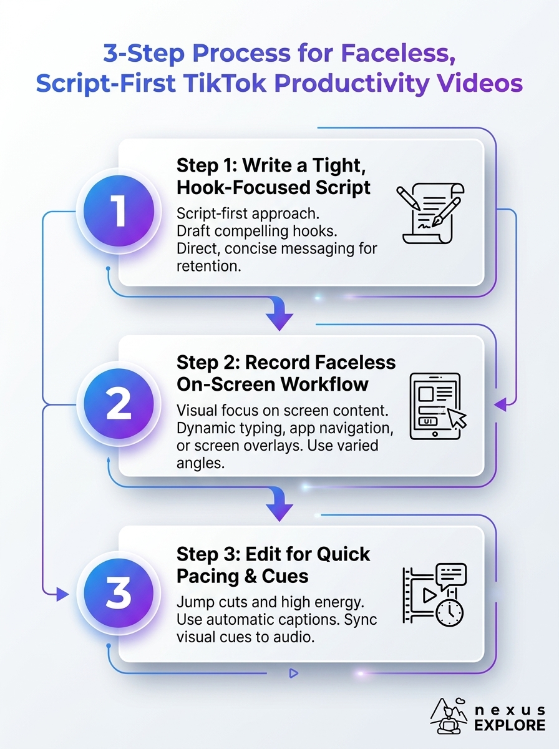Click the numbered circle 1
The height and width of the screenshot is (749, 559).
click(119, 211)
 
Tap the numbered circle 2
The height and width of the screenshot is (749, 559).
click(119, 404)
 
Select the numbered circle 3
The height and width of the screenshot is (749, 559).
click(119, 594)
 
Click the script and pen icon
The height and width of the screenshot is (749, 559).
click(430, 213)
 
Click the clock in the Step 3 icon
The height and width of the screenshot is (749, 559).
click(450, 612)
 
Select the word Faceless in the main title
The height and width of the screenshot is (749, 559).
click(398, 54)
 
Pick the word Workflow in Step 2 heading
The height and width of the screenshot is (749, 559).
click(324, 384)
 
